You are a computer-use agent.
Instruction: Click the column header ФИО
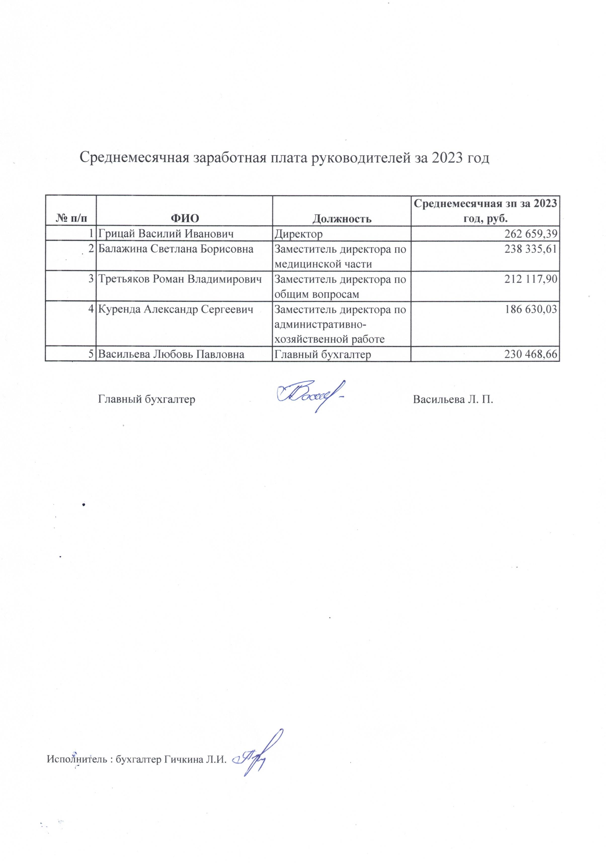tap(185, 218)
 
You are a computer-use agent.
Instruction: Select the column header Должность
tap(342, 218)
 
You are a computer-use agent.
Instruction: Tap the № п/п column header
tap(70, 218)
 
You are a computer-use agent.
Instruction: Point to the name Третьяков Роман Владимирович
tap(180, 279)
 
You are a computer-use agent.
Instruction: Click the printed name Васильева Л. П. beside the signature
tap(453, 399)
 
